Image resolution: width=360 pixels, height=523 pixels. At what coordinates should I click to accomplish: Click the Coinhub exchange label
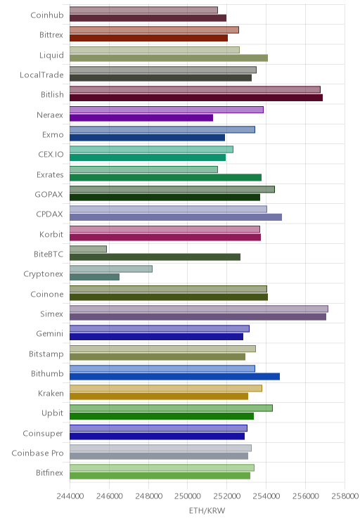tap(46, 15)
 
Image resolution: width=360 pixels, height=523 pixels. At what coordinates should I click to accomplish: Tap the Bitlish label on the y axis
tap(52, 94)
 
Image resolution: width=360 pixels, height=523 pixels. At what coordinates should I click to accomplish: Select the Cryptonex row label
tap(43, 274)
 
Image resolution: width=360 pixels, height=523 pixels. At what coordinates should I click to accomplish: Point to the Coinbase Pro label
tap(37, 453)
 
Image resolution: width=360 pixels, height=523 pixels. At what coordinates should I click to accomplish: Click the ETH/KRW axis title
tap(207, 510)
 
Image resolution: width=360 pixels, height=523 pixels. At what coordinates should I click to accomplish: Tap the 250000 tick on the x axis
tap(187, 496)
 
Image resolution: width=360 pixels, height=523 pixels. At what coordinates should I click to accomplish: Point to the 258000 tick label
tap(345, 496)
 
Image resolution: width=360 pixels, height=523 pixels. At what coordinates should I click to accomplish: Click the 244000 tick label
tap(70, 496)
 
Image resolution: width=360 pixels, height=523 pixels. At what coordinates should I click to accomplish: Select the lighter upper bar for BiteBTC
tap(88, 249)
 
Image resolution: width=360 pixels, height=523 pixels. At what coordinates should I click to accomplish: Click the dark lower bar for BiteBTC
tap(155, 257)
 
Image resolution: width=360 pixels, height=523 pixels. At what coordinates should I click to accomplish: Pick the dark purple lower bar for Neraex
tap(141, 117)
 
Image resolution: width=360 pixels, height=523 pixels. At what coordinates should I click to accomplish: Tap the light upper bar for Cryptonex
tap(111, 269)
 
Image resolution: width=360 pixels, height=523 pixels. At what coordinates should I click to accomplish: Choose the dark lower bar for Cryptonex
tap(94, 277)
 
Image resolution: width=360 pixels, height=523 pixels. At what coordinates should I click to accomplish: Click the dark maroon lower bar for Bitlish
tap(196, 98)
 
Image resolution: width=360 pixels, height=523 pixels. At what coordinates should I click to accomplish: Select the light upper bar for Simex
tap(199, 309)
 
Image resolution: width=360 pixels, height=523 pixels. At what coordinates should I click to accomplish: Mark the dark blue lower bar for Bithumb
tap(174, 377)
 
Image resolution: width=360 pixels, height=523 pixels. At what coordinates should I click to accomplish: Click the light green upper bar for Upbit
tap(171, 408)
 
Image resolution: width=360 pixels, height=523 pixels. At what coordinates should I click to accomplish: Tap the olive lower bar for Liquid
tap(169, 58)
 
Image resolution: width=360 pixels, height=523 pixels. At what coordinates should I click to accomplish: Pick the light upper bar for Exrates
tap(144, 169)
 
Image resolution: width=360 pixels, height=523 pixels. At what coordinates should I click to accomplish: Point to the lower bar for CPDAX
tap(176, 217)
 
